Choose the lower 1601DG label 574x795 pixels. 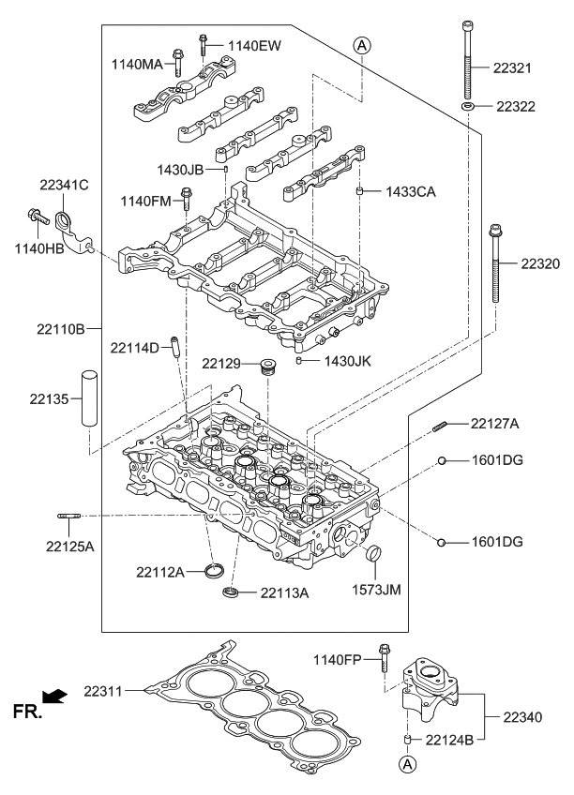[497, 542]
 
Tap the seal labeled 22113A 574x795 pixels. [231, 592]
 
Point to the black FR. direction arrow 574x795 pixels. [57, 696]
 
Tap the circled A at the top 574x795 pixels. [362, 44]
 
